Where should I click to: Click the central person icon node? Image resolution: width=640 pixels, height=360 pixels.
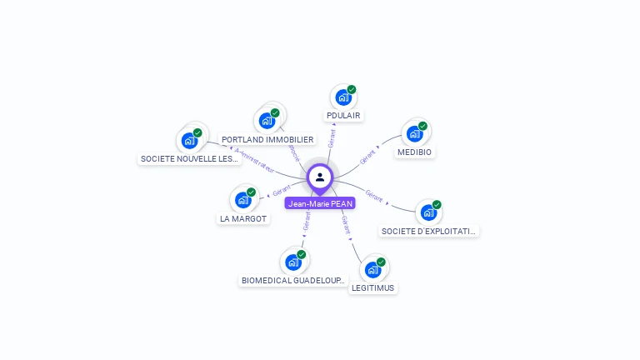coord(320,177)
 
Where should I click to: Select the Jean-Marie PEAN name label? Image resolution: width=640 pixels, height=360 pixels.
coord(320,203)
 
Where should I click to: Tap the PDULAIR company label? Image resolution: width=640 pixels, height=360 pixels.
coord(344,115)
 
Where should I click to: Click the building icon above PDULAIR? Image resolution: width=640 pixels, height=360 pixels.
coord(343,97)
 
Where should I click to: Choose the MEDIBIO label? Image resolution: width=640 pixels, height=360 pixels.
coord(415,152)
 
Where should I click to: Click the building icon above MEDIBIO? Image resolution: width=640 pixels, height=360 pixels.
coord(414,133)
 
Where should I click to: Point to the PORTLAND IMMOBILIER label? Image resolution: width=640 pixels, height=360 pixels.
coord(267,139)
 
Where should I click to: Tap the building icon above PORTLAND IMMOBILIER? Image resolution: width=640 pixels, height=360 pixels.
coord(267,121)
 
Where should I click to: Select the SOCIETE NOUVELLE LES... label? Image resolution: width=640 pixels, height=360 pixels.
coord(190,158)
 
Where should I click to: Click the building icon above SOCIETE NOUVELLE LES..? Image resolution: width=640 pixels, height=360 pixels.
coord(189,140)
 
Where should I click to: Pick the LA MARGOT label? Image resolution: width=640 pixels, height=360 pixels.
coord(243,218)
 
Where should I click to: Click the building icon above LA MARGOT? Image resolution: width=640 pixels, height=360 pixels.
coord(242,200)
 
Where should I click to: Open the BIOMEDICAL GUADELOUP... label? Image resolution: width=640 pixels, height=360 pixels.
coord(292,281)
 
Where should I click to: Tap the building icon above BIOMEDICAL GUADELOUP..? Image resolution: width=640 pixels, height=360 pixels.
coord(292,262)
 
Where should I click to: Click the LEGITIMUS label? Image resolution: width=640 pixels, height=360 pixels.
coord(372,287)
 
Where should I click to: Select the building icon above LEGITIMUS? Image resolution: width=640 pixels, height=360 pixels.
coord(372,269)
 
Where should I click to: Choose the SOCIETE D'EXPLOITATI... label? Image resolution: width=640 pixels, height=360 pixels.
coord(429,231)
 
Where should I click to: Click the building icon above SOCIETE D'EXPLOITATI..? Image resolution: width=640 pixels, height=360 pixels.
coord(428,212)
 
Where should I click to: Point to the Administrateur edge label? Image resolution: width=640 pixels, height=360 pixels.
coord(255,161)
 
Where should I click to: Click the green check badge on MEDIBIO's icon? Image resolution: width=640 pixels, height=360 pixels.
coord(422,126)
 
